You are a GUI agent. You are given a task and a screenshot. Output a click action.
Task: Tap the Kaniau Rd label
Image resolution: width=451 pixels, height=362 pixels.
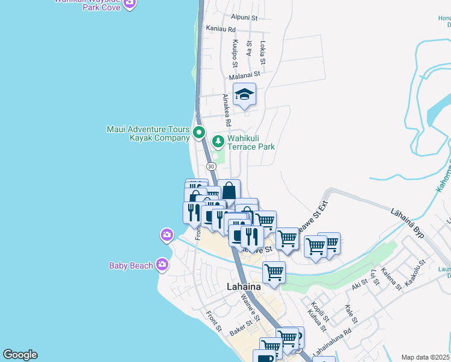point(220,29)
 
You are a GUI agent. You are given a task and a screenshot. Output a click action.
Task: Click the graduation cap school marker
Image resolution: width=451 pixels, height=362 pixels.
point(244,95)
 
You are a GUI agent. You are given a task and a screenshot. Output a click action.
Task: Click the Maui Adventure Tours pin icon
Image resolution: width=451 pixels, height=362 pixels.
point(199,133)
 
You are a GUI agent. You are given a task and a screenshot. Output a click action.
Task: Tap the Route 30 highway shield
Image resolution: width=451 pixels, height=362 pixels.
point(210,166)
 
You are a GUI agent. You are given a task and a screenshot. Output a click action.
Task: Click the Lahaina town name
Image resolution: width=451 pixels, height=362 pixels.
point(244,287)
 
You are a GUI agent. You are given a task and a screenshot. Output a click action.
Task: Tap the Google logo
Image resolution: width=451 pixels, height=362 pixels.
point(20,355)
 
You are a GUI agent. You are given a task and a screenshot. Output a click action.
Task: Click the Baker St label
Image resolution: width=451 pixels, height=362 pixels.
point(241,329)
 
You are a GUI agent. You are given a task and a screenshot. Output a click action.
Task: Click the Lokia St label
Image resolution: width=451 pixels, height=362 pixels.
point(263,52)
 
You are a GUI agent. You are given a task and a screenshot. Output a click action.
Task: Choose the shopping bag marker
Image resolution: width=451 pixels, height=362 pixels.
point(229,191)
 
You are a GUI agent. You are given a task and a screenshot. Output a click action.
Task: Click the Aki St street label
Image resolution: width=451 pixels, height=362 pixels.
point(360,284)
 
